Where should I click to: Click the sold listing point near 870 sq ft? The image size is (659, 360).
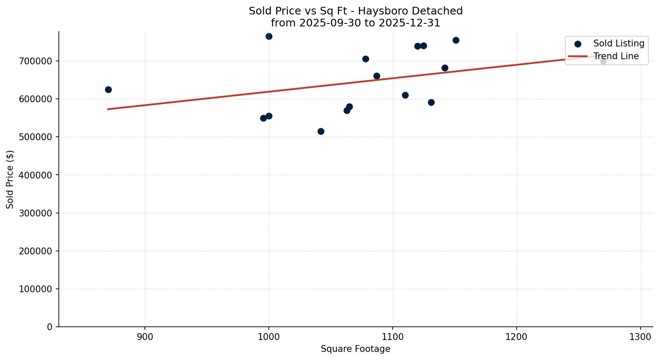(x=108, y=89)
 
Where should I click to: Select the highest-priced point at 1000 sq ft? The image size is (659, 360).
(x=269, y=36)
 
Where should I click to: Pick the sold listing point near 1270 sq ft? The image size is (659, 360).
(x=603, y=61)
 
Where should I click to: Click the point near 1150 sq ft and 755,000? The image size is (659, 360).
(x=456, y=40)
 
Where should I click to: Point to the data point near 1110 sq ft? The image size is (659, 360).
(x=405, y=95)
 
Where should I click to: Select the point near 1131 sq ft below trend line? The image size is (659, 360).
(x=431, y=102)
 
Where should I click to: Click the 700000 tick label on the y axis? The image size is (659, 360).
(x=36, y=61)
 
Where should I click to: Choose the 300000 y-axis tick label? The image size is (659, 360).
(x=36, y=213)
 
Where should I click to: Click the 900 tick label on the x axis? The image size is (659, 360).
(x=145, y=337)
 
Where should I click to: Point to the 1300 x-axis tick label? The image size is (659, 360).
(x=641, y=337)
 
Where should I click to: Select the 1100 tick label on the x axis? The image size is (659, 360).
(x=393, y=337)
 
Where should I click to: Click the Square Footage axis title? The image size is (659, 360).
(x=355, y=349)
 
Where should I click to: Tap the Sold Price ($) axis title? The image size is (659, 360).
(x=10, y=179)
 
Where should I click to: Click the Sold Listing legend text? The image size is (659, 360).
(x=619, y=43)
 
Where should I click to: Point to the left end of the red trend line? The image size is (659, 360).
(x=108, y=109)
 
